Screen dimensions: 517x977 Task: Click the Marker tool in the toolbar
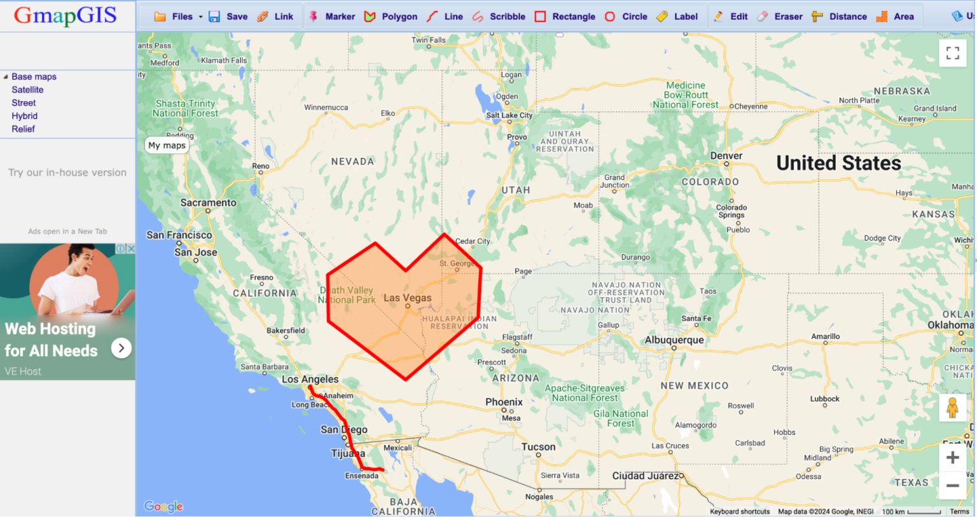point(332,17)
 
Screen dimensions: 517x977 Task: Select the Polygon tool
point(391,17)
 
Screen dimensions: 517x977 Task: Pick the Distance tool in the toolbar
point(840,17)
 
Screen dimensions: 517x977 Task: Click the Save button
point(228,17)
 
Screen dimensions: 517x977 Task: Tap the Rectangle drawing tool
point(565,17)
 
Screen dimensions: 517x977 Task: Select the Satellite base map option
point(27,90)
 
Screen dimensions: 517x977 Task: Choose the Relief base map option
point(23,129)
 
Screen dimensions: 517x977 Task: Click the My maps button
point(167,146)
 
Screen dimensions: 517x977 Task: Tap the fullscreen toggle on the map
point(952,53)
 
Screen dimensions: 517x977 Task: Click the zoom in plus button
point(952,458)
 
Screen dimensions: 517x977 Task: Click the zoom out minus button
point(952,486)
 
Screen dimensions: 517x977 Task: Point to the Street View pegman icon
point(952,408)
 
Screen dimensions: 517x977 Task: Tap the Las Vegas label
point(407,298)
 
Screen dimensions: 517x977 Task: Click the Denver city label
point(726,156)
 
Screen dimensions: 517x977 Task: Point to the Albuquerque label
point(674,340)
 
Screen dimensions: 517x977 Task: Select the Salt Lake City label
point(509,116)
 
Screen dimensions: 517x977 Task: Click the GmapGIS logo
point(66,15)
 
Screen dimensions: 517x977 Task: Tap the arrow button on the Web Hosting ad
point(121,348)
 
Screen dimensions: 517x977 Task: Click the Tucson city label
point(538,447)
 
